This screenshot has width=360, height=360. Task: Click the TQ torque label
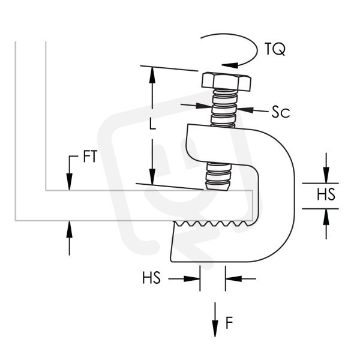275,49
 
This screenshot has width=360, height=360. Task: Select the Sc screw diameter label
281,112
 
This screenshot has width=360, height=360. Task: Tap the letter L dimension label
152,124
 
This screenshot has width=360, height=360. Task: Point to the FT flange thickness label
90,156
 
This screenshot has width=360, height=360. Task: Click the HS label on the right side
326,194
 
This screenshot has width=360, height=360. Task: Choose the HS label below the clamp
151,278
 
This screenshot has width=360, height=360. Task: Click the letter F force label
229,323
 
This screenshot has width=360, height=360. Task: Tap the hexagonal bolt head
226,82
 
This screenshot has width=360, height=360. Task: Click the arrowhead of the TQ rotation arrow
230,65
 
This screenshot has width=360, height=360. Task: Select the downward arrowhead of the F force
215,329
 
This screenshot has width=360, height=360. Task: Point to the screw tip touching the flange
217,186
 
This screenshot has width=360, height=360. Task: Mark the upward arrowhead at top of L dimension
152,76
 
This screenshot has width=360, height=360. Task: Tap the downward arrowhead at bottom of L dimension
152,177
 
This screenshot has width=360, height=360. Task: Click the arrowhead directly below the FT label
70,182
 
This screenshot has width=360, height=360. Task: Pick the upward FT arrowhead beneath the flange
70,229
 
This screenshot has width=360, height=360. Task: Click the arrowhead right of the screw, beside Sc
245,110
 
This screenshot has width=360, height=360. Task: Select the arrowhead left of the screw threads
203,106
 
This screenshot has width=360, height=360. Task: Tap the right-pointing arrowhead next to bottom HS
192,279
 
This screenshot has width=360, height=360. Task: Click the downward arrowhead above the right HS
326,175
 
